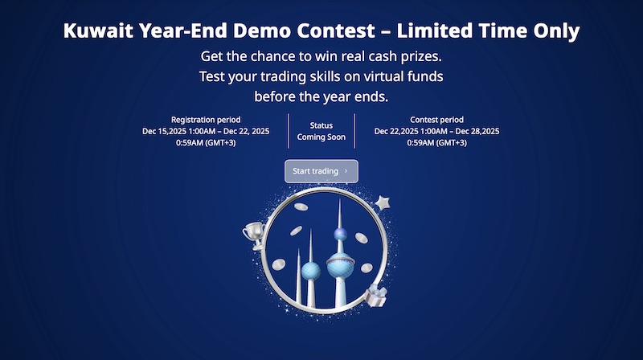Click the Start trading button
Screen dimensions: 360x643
(x=321, y=171)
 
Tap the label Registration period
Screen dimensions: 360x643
(x=205, y=120)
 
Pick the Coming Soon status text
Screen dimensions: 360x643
(x=321, y=137)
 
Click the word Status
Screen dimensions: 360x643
(x=321, y=125)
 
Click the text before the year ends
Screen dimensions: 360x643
(x=321, y=97)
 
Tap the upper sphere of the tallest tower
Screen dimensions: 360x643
(x=340, y=235)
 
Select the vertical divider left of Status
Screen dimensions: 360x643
(x=289, y=131)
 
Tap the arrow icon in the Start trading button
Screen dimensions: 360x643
(x=346, y=171)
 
